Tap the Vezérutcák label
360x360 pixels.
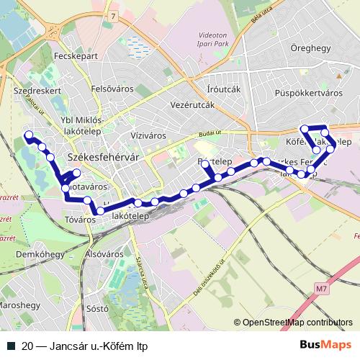pos(194,105)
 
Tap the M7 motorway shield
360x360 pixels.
pos(321,289)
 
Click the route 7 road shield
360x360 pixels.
pos(113,15)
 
